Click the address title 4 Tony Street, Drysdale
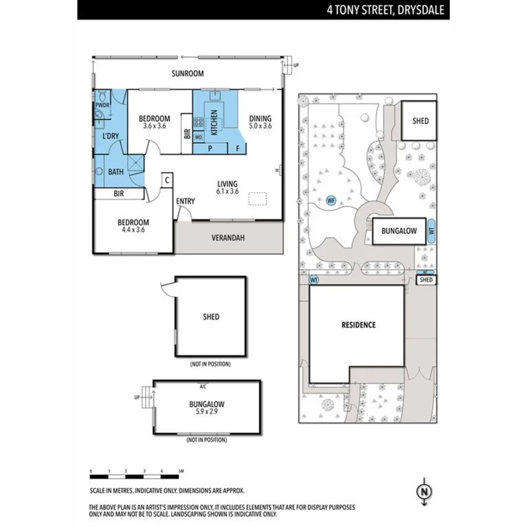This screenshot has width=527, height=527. tap(386, 9)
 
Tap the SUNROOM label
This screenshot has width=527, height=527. tap(187, 74)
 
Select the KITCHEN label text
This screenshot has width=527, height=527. tap(214, 122)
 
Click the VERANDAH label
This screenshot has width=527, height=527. tap(228, 238)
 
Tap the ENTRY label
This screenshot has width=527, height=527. tap(186, 201)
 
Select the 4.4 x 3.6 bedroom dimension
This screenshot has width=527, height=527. tap(133, 230)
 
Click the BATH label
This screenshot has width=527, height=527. tap(115, 172)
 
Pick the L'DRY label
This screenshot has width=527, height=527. tap(111, 136)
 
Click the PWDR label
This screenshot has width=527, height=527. tap(102, 105)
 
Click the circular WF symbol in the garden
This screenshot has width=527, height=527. tap(331, 201)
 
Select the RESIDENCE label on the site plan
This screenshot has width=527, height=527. tap(359, 325)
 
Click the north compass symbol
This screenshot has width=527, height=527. tap(425, 491)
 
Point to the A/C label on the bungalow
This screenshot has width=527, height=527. tap(203, 386)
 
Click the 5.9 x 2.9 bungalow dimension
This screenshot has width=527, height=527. tap(207, 412)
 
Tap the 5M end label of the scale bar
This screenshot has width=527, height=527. tap(181, 471)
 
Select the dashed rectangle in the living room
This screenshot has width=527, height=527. tap(258, 199)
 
